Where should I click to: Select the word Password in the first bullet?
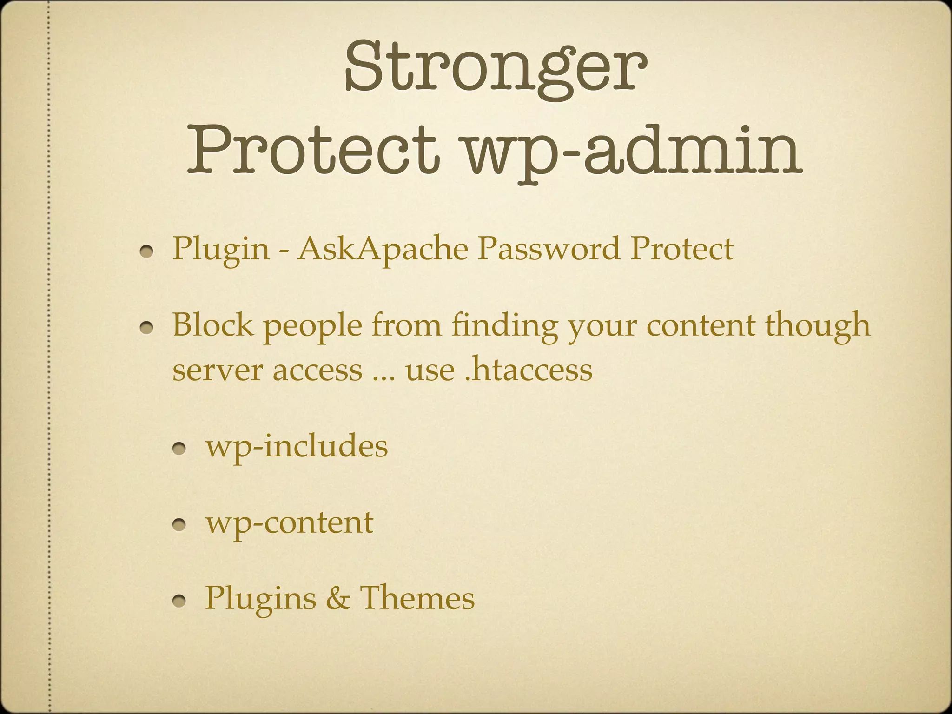point(549,248)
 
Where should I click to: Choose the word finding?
point(504,327)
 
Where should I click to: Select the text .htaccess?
point(529,370)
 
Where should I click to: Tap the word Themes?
point(417,598)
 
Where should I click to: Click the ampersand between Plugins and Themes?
point(337,599)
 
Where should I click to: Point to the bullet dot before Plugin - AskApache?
point(148,251)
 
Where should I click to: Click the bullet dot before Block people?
point(148,328)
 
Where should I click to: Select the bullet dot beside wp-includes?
point(180,450)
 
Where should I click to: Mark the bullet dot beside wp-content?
point(180,526)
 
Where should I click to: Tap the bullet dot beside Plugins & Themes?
point(180,602)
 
